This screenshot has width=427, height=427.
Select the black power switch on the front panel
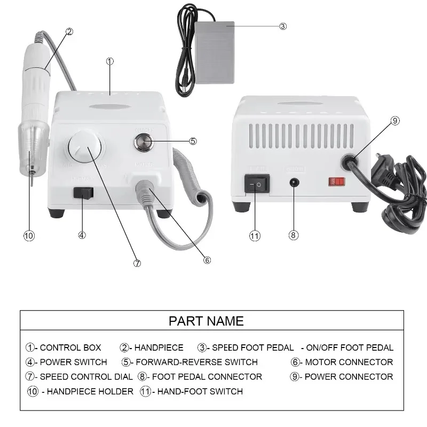click(x=83, y=193)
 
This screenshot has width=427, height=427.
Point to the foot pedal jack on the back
click(x=292, y=182)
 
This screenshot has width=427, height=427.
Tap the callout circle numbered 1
click(x=110, y=61)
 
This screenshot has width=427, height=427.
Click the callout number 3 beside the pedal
click(x=283, y=26)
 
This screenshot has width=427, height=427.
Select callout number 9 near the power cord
click(x=395, y=121)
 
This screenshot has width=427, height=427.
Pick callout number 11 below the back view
click(x=255, y=235)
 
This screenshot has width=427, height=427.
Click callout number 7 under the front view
click(x=137, y=263)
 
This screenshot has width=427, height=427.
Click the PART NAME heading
click(x=206, y=321)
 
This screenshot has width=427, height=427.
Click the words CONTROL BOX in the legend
click(x=70, y=347)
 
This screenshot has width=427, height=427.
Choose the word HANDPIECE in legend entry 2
click(x=159, y=347)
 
